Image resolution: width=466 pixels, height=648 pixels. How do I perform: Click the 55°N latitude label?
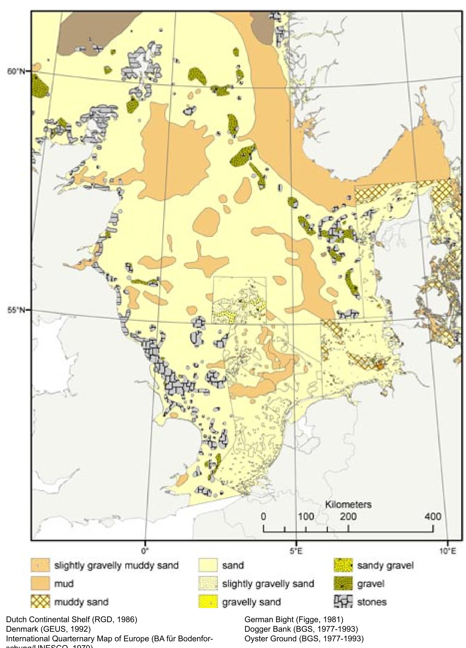coord(16,310)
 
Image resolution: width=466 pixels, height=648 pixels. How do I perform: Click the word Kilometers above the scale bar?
coord(348,505)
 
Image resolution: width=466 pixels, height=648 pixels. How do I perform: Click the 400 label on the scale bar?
coord(432,517)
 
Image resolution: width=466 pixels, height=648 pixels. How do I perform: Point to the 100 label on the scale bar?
coord(306,517)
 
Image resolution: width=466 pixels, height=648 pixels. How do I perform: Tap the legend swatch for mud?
coord(40,583)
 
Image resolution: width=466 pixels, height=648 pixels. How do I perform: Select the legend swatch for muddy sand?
coord(40,602)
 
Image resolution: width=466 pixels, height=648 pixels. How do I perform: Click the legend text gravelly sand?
coord(251,602)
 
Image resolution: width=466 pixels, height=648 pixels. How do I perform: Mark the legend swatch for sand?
coord(208,565)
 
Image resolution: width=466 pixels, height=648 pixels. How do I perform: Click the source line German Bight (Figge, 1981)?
coord(294,620)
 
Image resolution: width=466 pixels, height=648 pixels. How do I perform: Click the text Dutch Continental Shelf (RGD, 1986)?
coord(71,620)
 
